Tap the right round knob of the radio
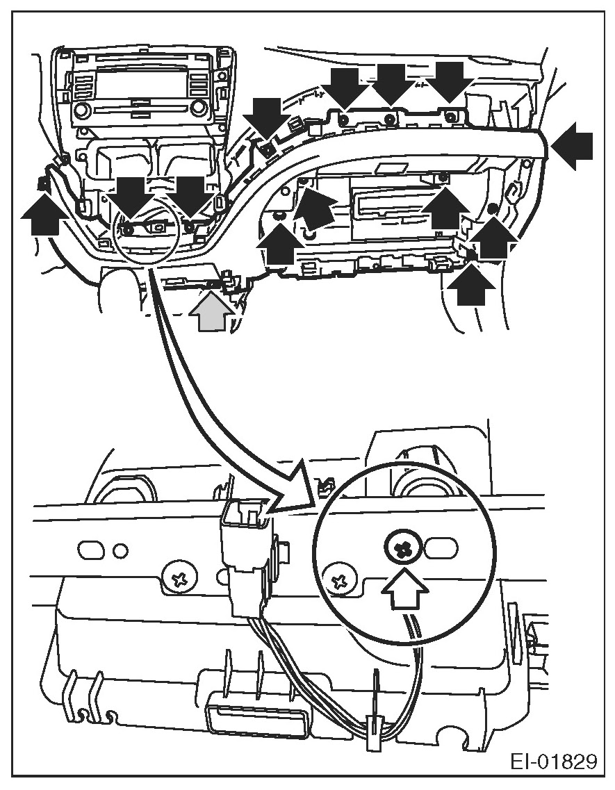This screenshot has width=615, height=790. [199, 108]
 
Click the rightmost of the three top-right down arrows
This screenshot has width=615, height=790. [448, 81]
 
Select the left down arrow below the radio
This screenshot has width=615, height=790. [133, 195]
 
